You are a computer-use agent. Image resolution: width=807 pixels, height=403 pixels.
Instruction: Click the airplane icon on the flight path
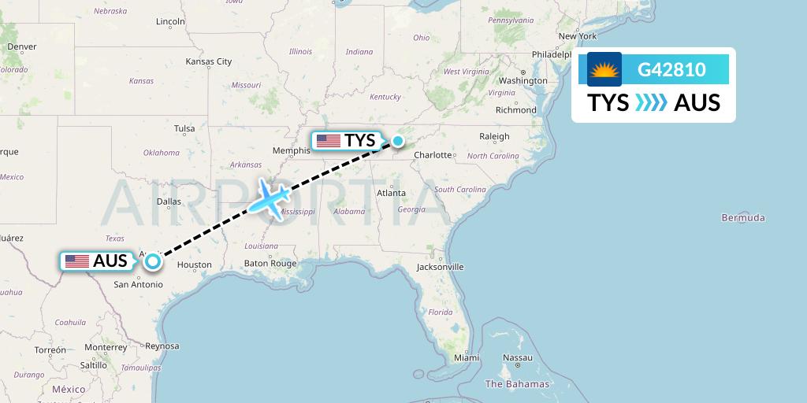(x=270, y=197)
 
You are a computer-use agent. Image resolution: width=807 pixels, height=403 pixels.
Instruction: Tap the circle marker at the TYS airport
(x=398, y=142)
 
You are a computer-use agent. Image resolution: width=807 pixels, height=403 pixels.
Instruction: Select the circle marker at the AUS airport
(x=153, y=261)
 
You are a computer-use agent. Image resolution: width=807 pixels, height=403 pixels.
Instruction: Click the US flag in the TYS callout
(x=328, y=142)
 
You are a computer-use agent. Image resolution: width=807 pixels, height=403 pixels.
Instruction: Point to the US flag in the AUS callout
(x=77, y=261)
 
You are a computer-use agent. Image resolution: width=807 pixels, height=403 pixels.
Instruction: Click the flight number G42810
(x=671, y=69)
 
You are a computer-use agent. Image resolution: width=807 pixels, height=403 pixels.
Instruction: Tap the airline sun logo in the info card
(x=604, y=69)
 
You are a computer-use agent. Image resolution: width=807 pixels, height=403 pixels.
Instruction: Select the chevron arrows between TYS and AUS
(x=651, y=102)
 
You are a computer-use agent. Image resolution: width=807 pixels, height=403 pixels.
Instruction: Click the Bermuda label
(x=743, y=217)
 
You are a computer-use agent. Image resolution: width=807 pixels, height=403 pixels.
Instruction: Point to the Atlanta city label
(x=391, y=193)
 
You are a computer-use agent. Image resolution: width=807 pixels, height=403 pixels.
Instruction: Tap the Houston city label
(x=194, y=265)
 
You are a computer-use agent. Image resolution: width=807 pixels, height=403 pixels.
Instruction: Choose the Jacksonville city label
(x=441, y=267)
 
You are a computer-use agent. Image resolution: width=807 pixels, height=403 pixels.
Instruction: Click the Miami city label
(x=466, y=357)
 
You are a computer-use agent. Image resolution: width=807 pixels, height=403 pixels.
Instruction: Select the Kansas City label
(x=208, y=61)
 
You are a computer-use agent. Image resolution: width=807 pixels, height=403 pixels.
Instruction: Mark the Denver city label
(x=22, y=46)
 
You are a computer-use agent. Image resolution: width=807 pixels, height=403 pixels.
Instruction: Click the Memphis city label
(x=292, y=150)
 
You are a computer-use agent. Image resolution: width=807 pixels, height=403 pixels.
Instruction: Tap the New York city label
(x=577, y=36)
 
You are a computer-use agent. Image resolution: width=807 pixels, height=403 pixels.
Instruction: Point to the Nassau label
(x=518, y=357)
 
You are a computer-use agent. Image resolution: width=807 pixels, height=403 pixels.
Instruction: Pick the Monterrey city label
(x=105, y=347)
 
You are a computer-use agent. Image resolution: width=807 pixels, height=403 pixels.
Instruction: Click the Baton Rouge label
(x=270, y=264)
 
